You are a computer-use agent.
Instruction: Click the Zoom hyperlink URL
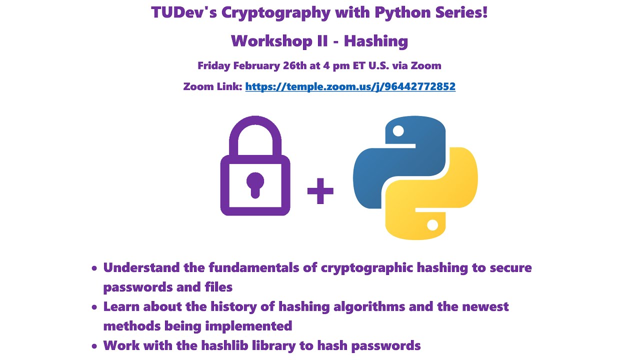pos(350,86)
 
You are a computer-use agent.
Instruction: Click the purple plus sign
pos(320,191)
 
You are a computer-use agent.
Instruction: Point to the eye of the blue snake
pos(398,131)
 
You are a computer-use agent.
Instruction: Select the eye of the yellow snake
pos(433,225)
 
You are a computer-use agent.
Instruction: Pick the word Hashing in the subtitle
pos(376,41)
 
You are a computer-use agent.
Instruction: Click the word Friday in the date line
pos(213,65)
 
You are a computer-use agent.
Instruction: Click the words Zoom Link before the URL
pos(212,86)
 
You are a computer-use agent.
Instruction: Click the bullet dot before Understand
pos(94,268)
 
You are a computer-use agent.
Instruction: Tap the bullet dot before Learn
pos(94,307)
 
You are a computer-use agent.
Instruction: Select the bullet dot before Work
pos(94,346)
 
